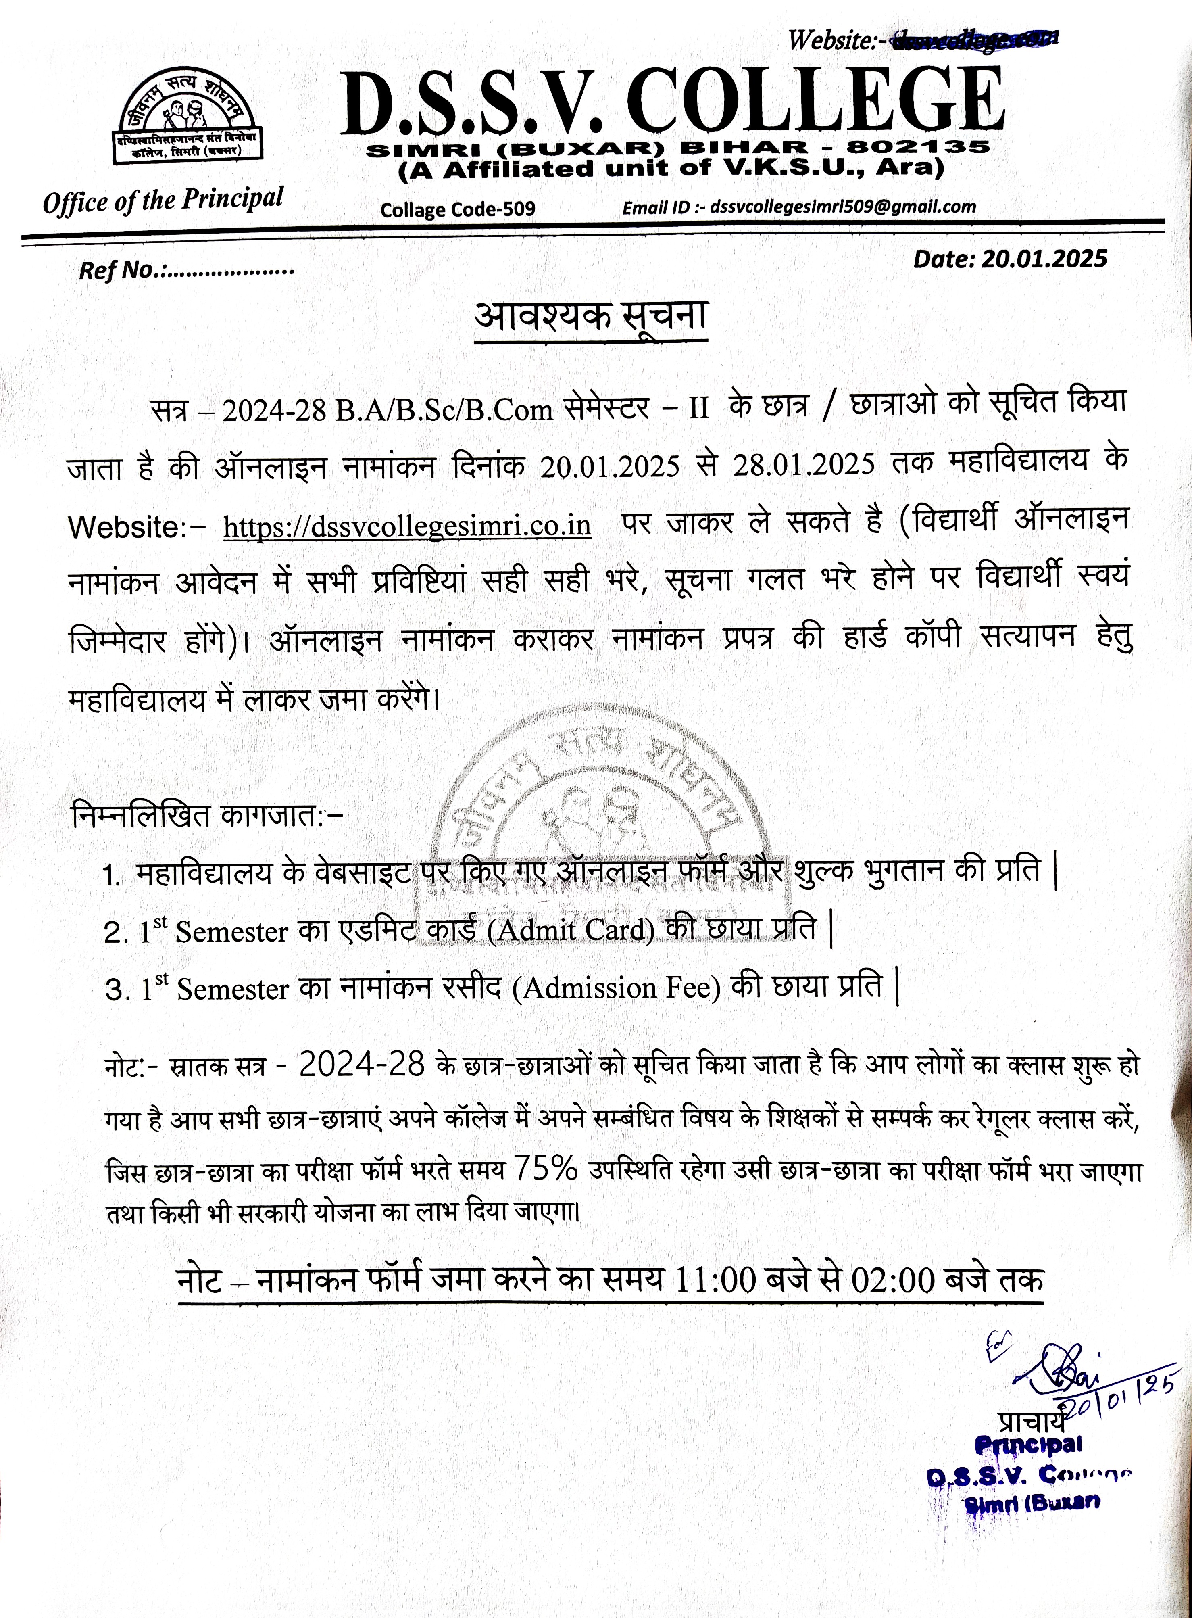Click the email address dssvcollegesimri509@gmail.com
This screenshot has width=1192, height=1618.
click(843, 207)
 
